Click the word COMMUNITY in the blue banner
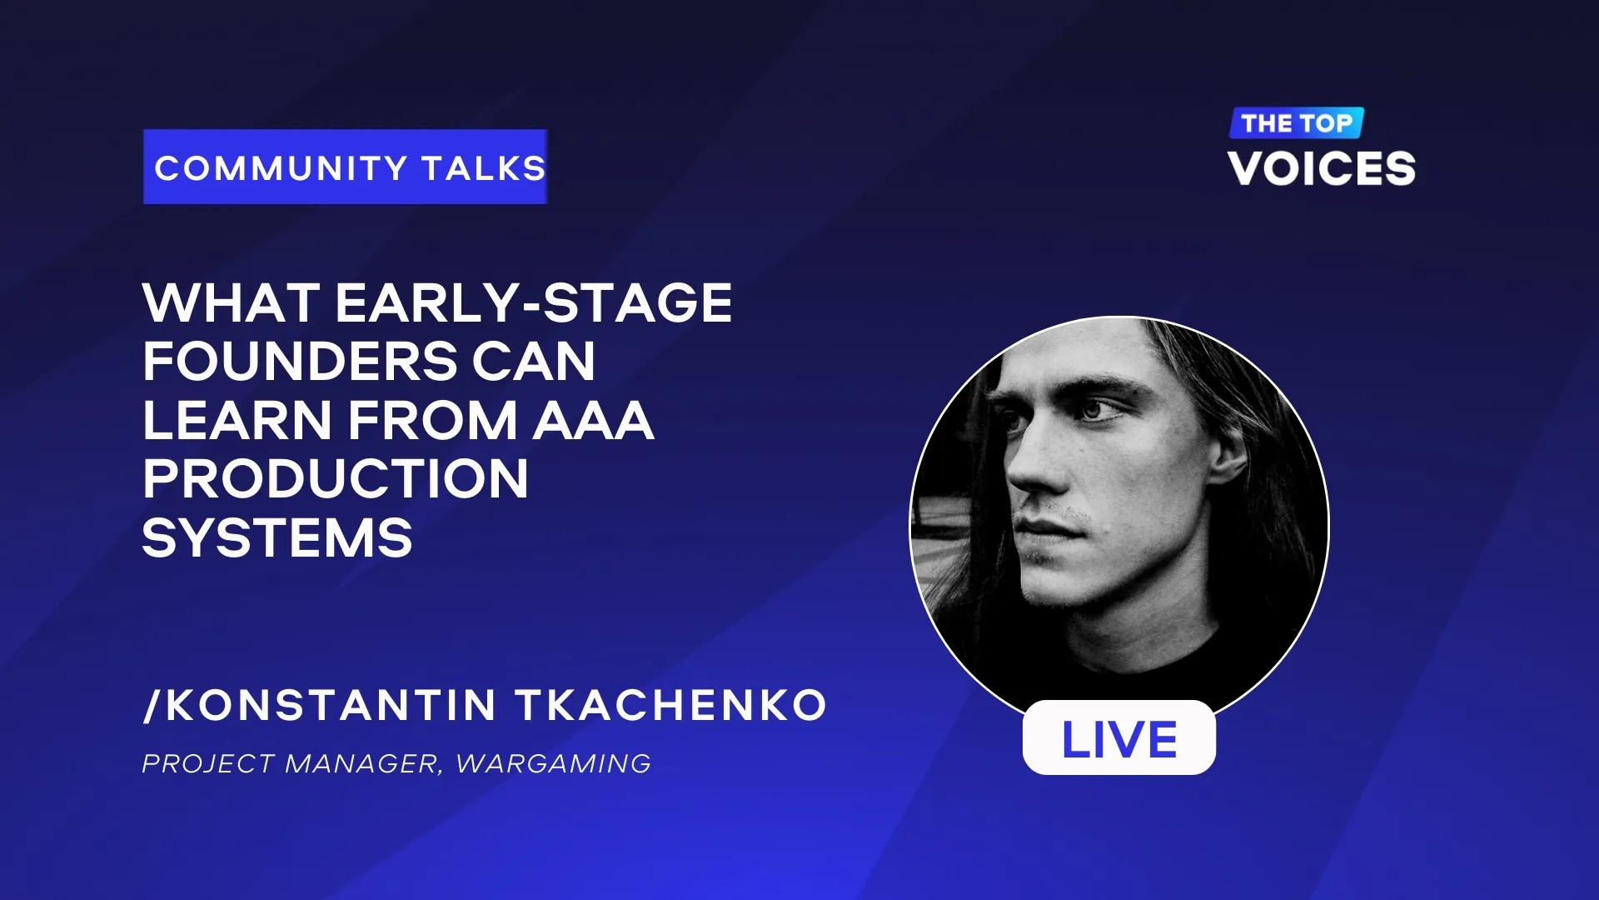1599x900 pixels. coord(281,168)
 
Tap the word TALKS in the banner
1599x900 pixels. coord(484,168)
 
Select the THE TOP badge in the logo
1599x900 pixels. coord(1297,123)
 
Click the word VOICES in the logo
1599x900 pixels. coord(1322,168)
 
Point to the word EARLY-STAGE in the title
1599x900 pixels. coord(534,302)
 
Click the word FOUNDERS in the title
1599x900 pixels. coord(300,362)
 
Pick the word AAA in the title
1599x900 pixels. coord(593,420)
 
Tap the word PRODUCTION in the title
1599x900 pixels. coord(336,479)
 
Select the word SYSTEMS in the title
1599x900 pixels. coord(277,538)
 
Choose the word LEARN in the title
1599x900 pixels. coord(237,420)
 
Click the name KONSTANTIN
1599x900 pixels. coord(331,705)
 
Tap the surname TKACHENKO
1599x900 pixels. coord(671,705)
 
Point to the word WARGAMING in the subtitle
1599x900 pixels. coord(554,763)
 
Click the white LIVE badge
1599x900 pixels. coord(1118,737)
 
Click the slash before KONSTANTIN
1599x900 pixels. coord(151,705)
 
